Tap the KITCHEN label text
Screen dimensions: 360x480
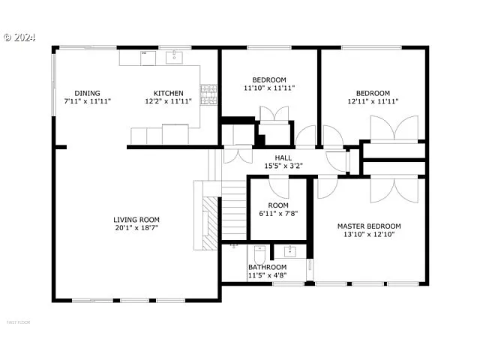(x=169, y=93)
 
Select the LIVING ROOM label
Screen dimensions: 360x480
(x=136, y=220)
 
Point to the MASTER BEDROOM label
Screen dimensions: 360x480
(x=368, y=226)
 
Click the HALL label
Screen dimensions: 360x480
(x=283, y=157)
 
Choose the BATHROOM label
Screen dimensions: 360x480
(x=267, y=267)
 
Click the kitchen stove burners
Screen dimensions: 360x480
(x=211, y=94)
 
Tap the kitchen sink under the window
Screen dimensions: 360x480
(x=172, y=55)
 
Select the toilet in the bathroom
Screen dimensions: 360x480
(x=260, y=252)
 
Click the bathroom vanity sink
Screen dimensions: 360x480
(x=288, y=250)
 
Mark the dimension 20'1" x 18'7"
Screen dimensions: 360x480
(x=136, y=227)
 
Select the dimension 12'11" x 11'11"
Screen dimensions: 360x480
(x=372, y=101)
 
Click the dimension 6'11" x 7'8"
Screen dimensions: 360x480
(x=278, y=213)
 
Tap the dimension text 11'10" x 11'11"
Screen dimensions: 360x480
(x=268, y=88)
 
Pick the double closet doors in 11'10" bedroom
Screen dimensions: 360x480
(x=274, y=114)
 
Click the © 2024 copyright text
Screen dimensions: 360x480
(x=19, y=36)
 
